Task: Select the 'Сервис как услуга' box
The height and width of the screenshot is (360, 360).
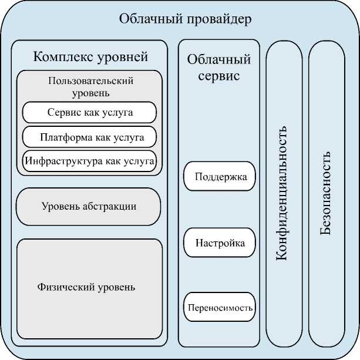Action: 89,112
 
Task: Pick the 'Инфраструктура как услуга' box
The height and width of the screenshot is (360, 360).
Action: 89,160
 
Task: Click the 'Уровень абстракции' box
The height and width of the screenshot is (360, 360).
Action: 89,206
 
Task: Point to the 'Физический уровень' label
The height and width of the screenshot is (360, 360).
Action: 86,287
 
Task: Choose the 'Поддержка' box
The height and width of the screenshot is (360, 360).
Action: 220,177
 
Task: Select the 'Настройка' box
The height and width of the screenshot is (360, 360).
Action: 220,243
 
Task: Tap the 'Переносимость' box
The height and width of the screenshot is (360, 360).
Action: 220,307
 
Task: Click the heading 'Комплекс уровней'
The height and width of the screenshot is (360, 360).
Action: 90,58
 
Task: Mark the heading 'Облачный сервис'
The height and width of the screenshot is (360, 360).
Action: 219,68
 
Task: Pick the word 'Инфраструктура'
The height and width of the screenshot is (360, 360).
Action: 60,160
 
